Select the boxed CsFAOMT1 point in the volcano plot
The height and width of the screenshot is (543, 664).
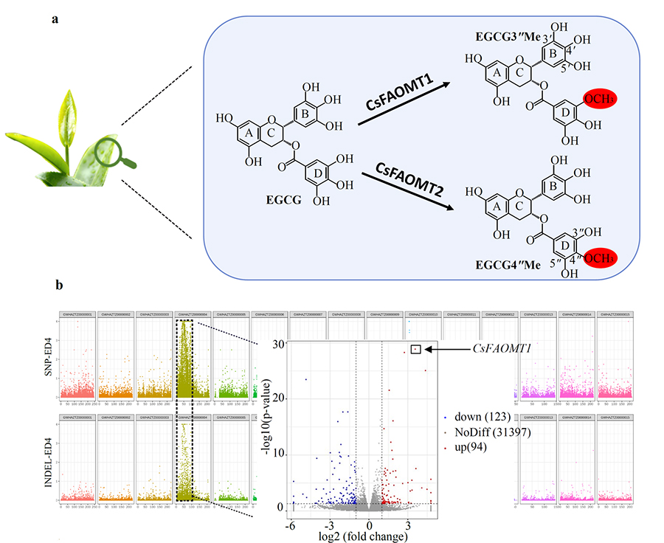point(415,349)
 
